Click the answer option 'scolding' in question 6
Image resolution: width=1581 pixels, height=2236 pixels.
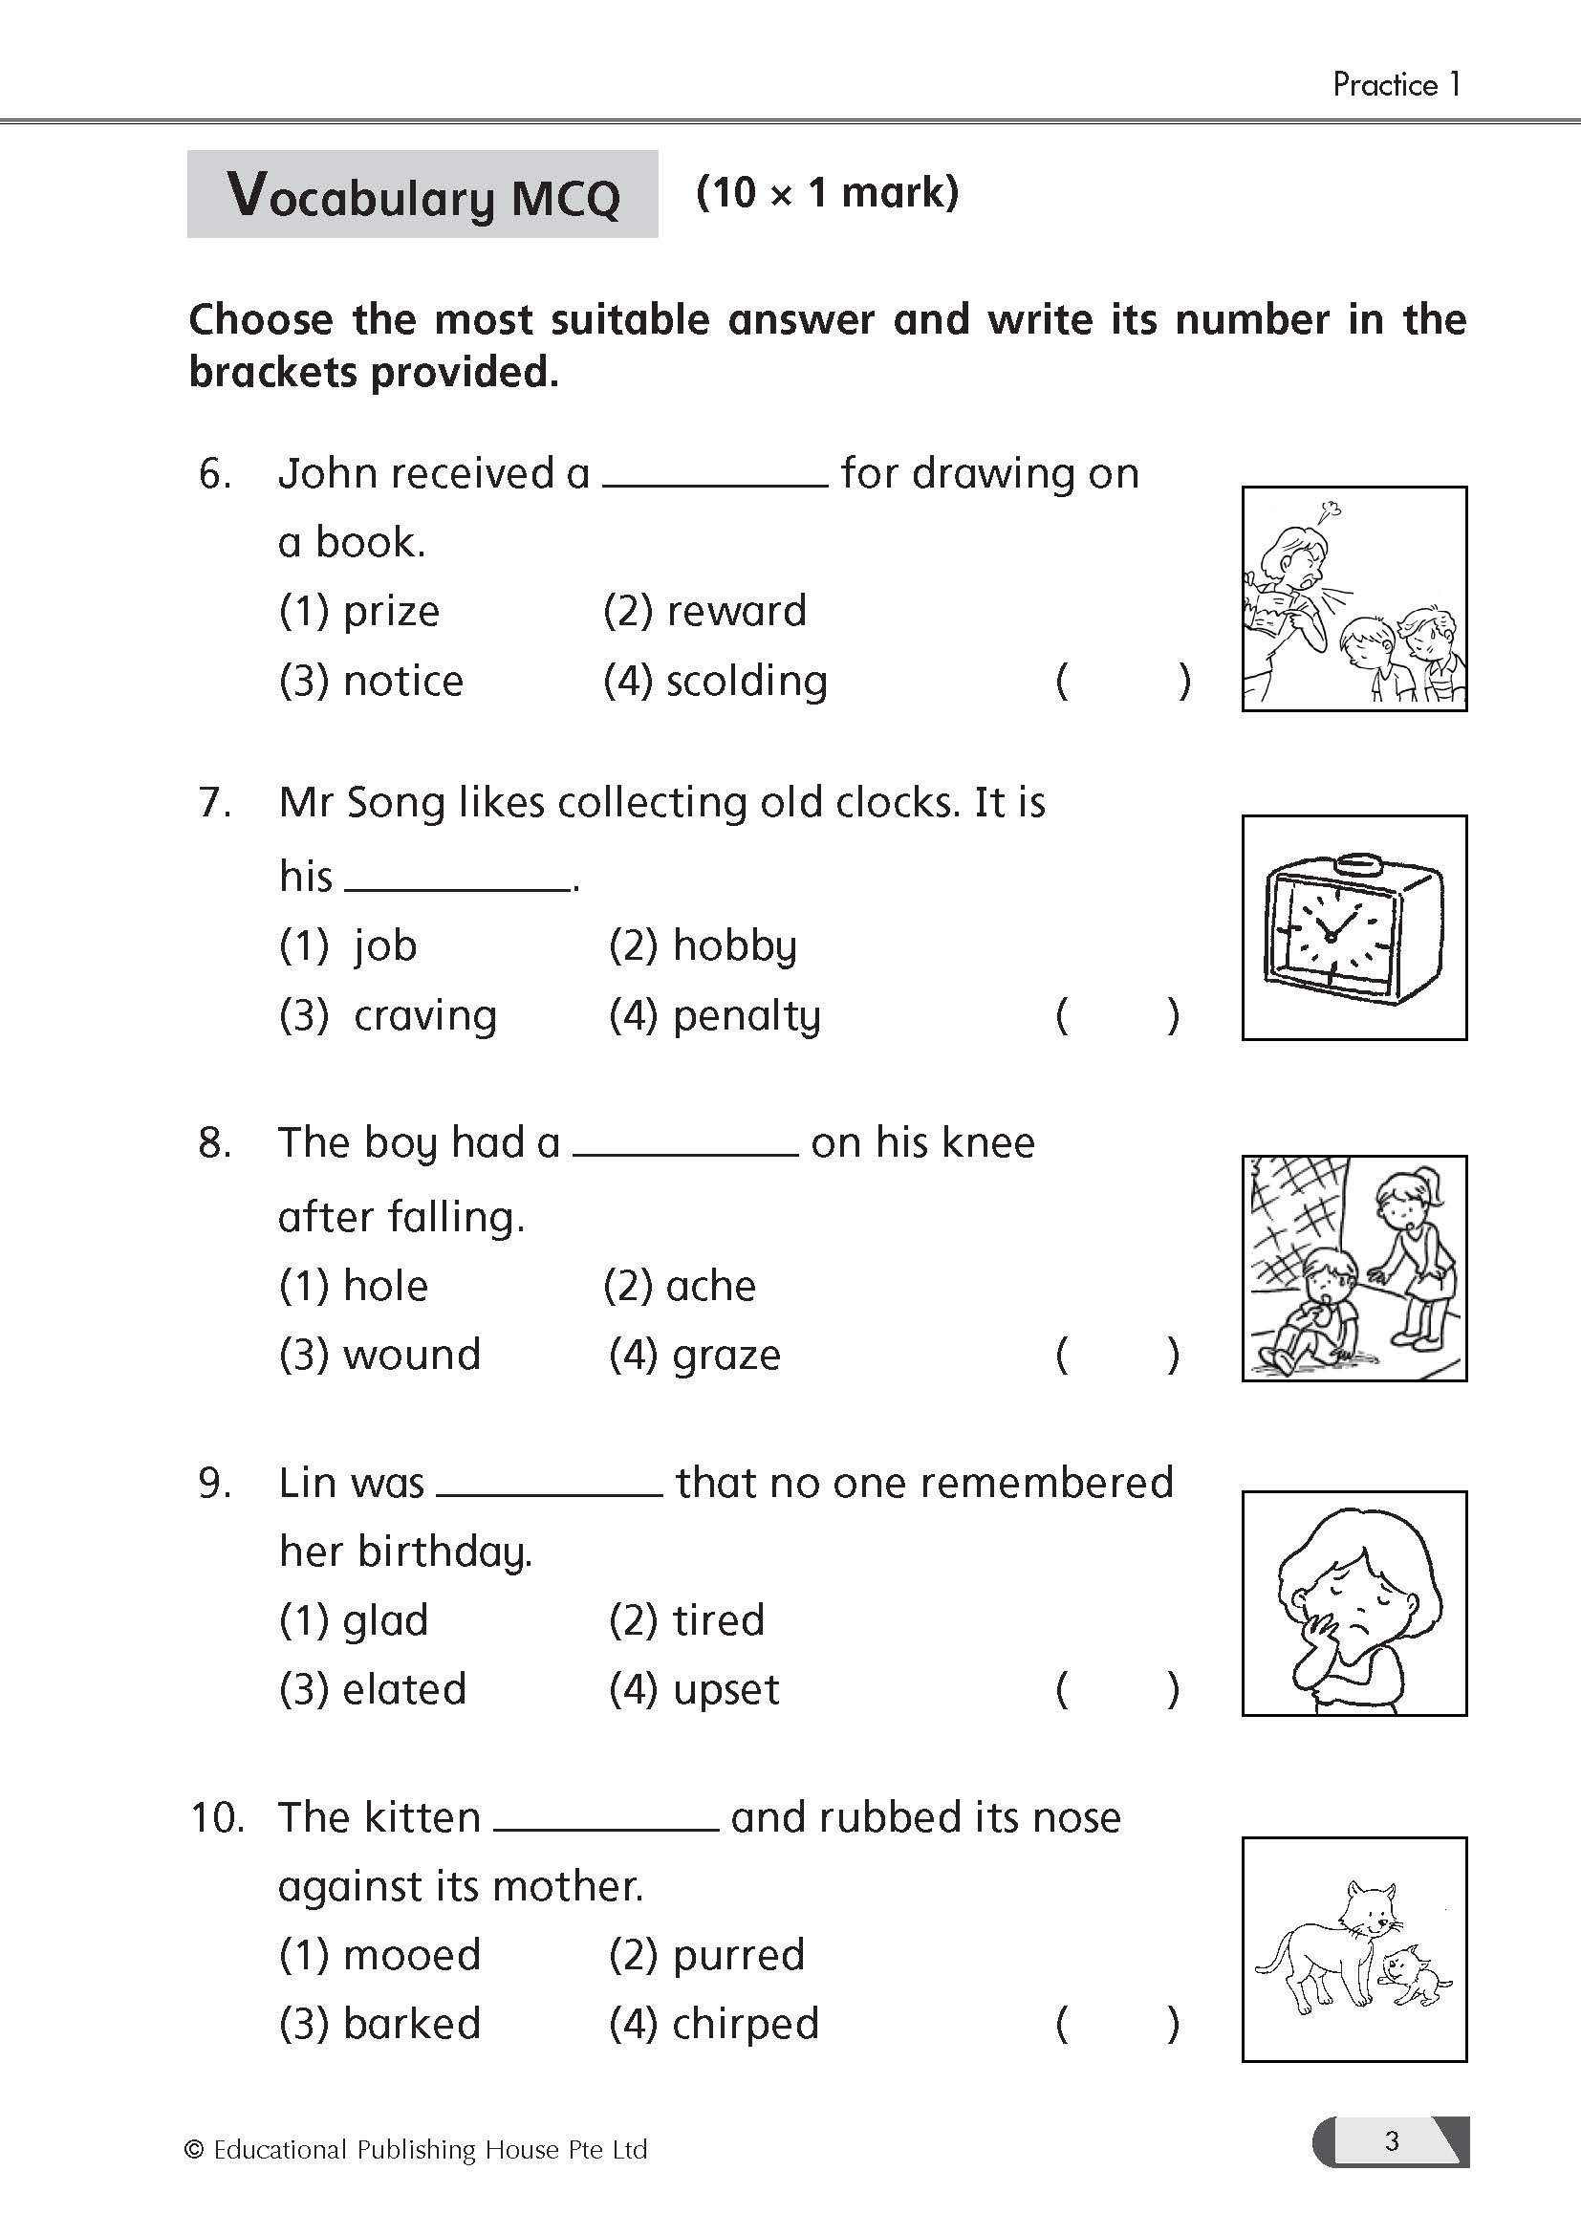click(x=746, y=682)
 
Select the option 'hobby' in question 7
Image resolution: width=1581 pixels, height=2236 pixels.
click(x=735, y=946)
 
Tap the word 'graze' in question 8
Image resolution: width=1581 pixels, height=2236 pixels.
click(x=726, y=1355)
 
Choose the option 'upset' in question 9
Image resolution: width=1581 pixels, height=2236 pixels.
click(x=726, y=1689)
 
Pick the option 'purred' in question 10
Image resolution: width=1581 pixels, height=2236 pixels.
click(x=738, y=1955)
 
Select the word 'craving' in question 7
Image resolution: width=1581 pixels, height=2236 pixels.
click(x=424, y=1016)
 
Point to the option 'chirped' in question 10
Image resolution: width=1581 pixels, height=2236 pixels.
click(x=745, y=2024)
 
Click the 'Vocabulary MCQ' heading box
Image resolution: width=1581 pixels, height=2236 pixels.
click(x=422, y=195)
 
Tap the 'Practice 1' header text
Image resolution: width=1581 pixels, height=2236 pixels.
click(x=1396, y=85)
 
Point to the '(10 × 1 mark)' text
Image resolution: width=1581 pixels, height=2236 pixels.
click(x=828, y=193)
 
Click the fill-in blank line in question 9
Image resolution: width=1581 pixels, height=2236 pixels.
click(x=550, y=1493)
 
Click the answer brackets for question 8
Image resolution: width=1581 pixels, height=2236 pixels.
click(x=1116, y=1355)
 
